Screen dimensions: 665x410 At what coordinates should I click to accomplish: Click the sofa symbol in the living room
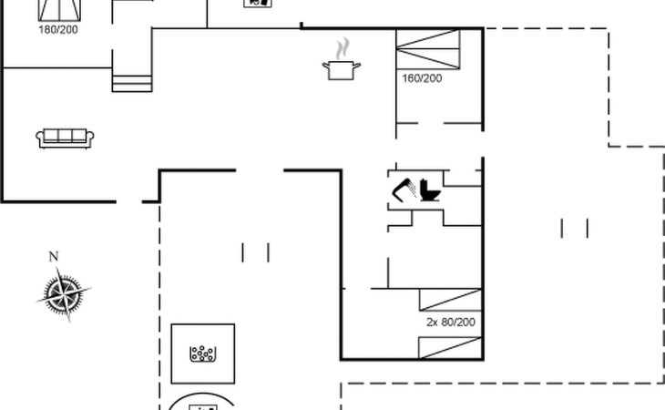(65, 138)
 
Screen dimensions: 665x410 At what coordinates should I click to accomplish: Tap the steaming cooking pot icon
(342, 59)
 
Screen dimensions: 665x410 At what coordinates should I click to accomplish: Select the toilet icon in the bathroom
(430, 190)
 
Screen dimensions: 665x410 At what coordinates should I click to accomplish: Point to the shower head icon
(404, 190)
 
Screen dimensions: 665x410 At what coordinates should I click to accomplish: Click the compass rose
(64, 293)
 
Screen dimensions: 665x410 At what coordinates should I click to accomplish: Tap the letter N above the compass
(54, 257)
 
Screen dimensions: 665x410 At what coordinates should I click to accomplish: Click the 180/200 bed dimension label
(58, 30)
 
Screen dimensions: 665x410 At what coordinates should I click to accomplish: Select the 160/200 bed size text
(422, 78)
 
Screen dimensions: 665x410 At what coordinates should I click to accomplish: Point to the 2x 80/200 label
(451, 323)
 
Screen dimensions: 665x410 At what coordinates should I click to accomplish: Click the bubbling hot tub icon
(203, 354)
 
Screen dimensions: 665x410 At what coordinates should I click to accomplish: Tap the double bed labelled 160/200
(428, 49)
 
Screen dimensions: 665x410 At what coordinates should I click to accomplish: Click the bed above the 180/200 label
(59, 10)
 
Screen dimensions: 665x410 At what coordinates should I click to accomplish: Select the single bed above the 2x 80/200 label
(450, 300)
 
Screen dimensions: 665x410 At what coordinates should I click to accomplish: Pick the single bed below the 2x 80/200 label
(450, 348)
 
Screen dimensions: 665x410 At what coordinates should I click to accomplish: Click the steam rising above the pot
(343, 48)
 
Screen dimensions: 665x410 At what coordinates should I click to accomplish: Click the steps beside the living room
(132, 84)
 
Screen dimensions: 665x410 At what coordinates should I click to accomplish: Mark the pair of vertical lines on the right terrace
(575, 229)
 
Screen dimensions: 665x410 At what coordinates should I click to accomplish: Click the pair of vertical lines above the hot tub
(255, 252)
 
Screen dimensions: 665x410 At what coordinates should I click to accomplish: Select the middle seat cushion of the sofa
(65, 136)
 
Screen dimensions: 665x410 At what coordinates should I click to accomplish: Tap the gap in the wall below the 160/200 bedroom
(431, 123)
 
